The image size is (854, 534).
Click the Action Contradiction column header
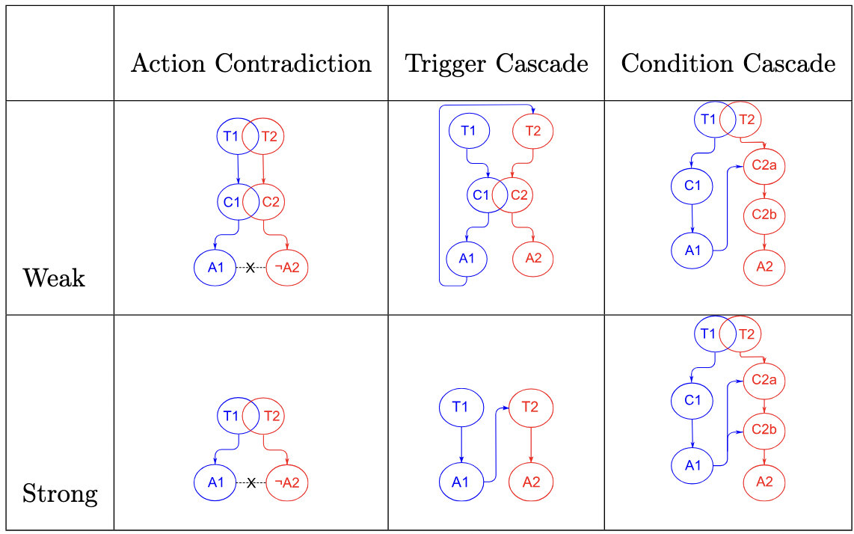[x=251, y=64]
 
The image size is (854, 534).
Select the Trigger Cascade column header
[x=497, y=64]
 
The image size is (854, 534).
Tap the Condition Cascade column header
[x=728, y=64]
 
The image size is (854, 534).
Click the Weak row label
[x=54, y=278]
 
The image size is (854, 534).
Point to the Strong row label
[x=60, y=494]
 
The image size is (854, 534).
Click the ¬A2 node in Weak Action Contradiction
[x=287, y=268]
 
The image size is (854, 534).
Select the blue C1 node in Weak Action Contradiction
[x=232, y=201]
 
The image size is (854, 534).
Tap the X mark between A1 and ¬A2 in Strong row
[x=251, y=482]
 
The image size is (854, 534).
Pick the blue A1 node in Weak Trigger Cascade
[x=467, y=259]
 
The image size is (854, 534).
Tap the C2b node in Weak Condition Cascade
[x=764, y=215]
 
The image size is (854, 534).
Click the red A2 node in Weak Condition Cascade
[x=764, y=266]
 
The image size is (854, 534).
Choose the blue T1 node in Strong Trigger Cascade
[x=461, y=407]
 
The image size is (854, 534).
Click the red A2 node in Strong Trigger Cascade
[x=531, y=482]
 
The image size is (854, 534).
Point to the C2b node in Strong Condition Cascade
[x=764, y=429]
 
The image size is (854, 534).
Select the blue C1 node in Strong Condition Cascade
[x=692, y=399]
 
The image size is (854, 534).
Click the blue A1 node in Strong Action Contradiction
[x=216, y=482]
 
